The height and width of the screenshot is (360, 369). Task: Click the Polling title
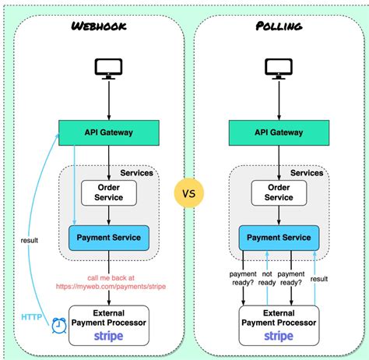[x=278, y=26]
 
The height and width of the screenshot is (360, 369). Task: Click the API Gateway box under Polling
[x=278, y=132]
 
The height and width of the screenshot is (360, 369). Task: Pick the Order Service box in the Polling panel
[x=278, y=192]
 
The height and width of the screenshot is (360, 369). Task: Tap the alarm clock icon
[x=57, y=325]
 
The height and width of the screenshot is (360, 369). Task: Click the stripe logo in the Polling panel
[x=278, y=336]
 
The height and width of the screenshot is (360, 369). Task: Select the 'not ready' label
[x=269, y=279]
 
